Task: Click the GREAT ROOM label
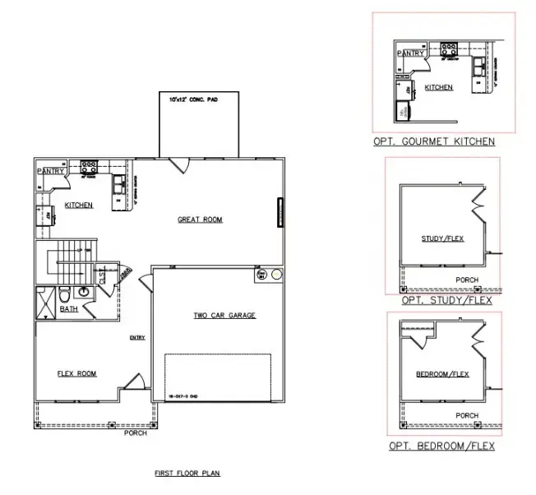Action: (200, 220)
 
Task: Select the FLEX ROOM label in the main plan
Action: (76, 373)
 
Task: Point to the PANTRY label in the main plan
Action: (50, 171)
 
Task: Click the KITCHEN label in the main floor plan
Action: (79, 205)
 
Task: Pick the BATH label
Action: (69, 309)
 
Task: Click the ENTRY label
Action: (136, 338)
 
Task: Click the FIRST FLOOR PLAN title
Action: (187, 474)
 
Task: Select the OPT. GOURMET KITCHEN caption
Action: (433, 141)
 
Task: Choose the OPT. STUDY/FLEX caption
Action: (446, 301)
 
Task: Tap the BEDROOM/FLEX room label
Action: (442, 375)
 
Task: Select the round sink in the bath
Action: (84, 292)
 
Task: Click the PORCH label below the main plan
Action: (136, 433)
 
